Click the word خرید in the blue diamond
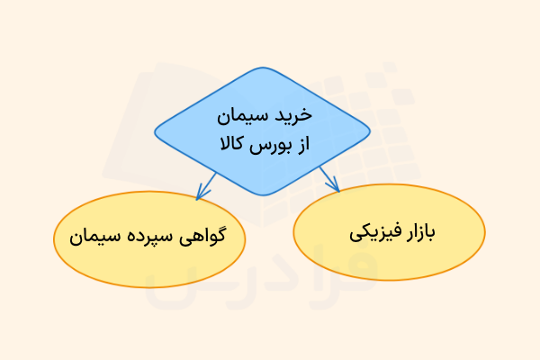coord(294,116)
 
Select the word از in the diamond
coord(301,144)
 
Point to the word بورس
coord(268,144)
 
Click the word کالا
coord(229,144)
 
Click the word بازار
coord(417,232)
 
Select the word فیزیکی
coord(368,232)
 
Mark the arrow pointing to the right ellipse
coord(328,179)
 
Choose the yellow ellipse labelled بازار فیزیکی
coord(389,232)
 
